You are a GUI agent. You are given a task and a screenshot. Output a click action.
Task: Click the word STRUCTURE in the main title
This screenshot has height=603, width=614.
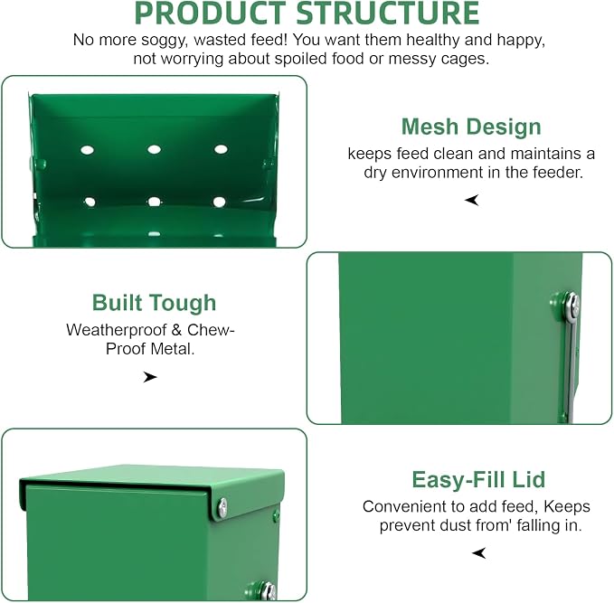pyautogui.click(x=388, y=14)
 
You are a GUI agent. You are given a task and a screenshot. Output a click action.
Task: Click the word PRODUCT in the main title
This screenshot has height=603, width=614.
pyautogui.click(x=210, y=14)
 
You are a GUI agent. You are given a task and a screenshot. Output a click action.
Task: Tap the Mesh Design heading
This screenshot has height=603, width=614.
pyautogui.click(x=471, y=127)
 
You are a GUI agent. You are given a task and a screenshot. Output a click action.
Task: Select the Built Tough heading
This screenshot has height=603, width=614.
pyautogui.click(x=154, y=303)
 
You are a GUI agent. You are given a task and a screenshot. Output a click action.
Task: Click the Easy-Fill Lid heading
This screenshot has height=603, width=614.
pyautogui.click(x=478, y=480)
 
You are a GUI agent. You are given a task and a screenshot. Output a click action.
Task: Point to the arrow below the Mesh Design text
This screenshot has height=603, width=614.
pyautogui.click(x=472, y=200)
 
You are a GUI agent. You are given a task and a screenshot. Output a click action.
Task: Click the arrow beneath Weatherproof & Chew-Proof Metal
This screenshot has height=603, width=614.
pyautogui.click(x=149, y=377)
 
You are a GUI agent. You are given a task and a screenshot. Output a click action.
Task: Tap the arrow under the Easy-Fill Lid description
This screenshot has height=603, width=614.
pyautogui.click(x=479, y=553)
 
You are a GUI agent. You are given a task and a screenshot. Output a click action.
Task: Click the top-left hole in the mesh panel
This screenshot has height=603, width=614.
pyautogui.click(x=87, y=150)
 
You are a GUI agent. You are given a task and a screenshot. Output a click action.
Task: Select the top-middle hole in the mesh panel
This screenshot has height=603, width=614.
pyautogui.click(x=154, y=149)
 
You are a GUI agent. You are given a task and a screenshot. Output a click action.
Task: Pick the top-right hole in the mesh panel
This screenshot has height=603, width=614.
pyautogui.click(x=221, y=149)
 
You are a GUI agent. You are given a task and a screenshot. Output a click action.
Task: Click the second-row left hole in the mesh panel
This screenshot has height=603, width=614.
pyautogui.click(x=90, y=202)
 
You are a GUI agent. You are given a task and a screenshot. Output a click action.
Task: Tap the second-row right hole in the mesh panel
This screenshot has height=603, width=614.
pyautogui.click(x=219, y=202)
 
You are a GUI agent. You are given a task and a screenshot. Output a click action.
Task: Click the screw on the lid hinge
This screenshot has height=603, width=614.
pyautogui.click(x=222, y=508)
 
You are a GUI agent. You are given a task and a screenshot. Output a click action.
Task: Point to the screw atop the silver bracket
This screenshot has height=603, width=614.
pyautogui.click(x=572, y=305)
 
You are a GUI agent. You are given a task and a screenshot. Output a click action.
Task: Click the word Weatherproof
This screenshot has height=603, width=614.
pyautogui.click(x=117, y=330)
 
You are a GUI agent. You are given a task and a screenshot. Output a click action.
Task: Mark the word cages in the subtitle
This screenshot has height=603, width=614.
pyautogui.click(x=468, y=59)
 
